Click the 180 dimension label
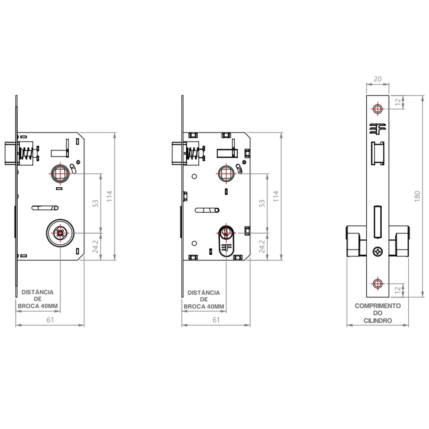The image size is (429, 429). point(417,196)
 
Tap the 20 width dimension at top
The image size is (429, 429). point(378,79)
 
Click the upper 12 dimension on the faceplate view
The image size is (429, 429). point(398,102)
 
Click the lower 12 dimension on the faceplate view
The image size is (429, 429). point(398,290)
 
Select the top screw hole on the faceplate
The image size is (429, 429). point(378,109)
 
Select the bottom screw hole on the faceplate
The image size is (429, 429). point(378,283)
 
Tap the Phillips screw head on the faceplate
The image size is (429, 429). point(378,251)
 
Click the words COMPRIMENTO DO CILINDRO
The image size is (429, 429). point(378,313)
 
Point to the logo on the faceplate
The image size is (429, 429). point(378,129)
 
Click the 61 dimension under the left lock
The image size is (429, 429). point(50,320)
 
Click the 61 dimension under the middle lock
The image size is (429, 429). point(216,320)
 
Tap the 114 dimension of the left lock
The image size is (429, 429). point(109,196)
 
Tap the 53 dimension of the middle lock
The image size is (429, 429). point(262,203)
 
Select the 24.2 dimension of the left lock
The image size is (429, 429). point(95,247)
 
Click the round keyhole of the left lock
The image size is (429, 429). point(60,233)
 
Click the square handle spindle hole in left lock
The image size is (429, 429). point(60,174)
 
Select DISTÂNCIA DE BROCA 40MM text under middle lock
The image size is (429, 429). point(204,300)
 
